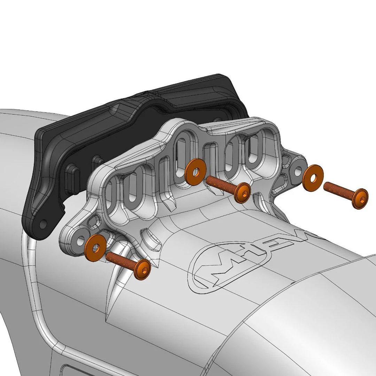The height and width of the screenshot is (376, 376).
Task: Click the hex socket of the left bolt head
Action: click(144, 271)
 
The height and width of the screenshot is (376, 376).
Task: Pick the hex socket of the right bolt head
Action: click(362, 199)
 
